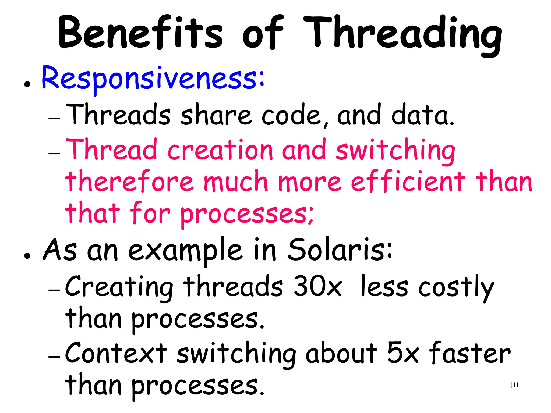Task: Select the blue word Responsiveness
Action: [153, 79]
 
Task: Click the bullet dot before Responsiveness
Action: [27, 84]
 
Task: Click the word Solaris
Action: [340, 250]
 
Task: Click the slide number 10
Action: [514, 385]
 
